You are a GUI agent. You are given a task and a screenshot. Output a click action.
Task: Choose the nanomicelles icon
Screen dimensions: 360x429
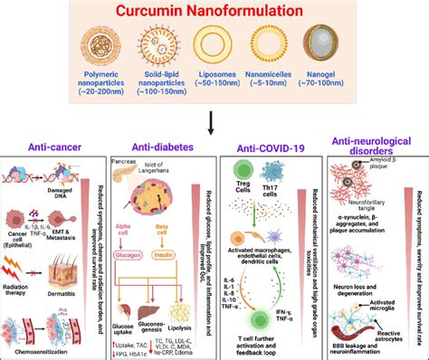266,48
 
